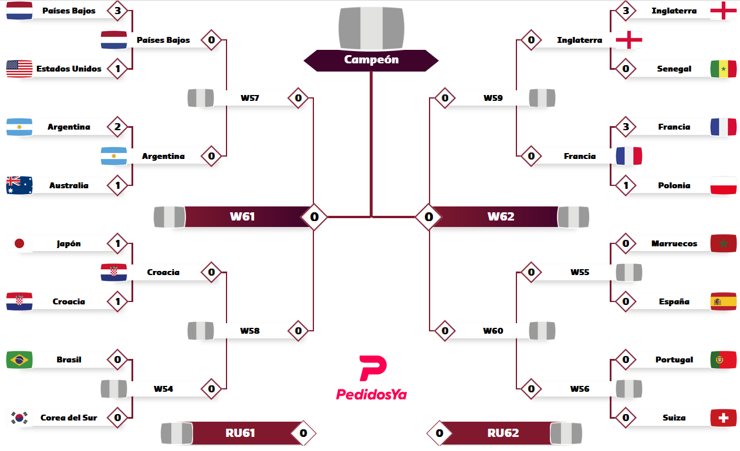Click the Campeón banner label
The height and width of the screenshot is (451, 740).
[x=371, y=59]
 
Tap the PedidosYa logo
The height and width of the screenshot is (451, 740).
[x=371, y=378]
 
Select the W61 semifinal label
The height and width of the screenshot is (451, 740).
[x=242, y=216]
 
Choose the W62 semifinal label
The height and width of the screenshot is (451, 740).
[x=501, y=216]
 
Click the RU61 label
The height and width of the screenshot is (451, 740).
[x=240, y=433]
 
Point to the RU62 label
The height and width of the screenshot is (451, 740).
[x=503, y=433]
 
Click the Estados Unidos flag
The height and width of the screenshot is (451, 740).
[x=19, y=69]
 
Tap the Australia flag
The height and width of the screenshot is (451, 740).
[x=19, y=185]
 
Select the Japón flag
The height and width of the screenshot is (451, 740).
[x=19, y=243]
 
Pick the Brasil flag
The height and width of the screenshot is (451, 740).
[x=19, y=360]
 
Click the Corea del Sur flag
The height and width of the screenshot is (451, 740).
[x=19, y=418]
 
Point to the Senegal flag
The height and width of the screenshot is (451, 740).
[x=723, y=69]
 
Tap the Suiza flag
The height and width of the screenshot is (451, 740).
[x=723, y=418]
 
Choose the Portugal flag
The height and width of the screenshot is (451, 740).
[x=723, y=360]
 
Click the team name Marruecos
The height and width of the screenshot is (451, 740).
[x=674, y=243]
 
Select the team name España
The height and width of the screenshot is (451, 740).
[x=674, y=301]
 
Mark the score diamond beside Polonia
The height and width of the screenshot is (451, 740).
[x=626, y=185]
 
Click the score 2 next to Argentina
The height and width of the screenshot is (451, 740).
[x=117, y=127]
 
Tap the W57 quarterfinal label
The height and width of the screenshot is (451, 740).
[x=250, y=98]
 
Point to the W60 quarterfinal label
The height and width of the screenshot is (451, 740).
[x=493, y=331]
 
